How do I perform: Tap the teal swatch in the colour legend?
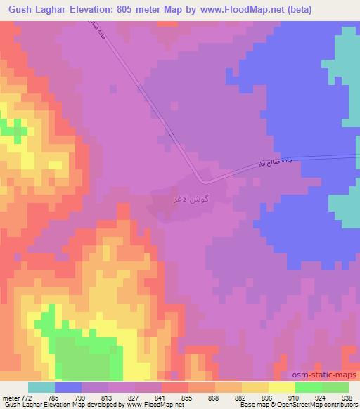[x=41, y=387]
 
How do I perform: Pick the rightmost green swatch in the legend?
[x=335, y=387]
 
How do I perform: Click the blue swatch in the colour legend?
[x=67, y=387]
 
